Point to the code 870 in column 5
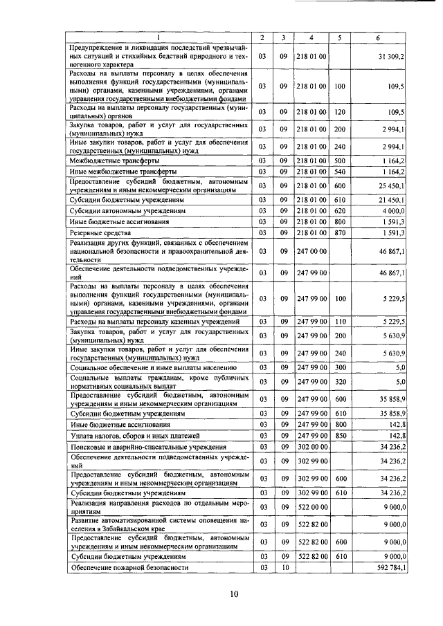pyautogui.click(x=339, y=232)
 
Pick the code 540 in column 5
pyautogui.click(x=339, y=172)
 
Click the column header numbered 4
pyautogui.click(x=312, y=37)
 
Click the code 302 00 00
pyautogui.click(x=312, y=447)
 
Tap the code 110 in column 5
pyautogui.click(x=339, y=321)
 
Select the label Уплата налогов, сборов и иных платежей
pyautogui.click(x=125, y=436)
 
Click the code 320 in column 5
pyautogui.click(x=339, y=381)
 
